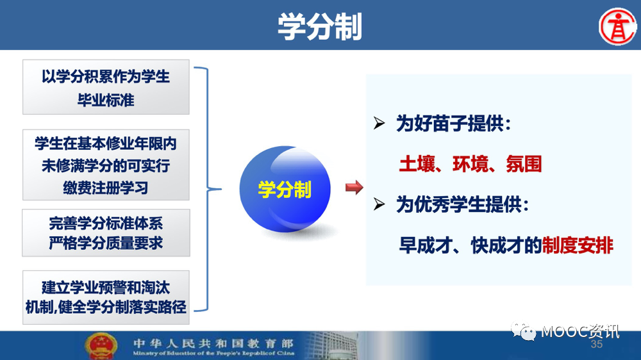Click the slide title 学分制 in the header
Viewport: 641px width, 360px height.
point(320,26)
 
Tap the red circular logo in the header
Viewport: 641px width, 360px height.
point(618,26)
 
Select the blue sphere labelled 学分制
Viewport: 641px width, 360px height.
point(285,189)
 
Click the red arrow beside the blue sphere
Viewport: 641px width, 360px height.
point(354,188)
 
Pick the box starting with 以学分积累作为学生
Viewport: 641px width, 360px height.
point(106,87)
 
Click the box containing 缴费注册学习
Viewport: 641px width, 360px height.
point(106,165)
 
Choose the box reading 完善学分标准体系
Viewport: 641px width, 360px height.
point(106,233)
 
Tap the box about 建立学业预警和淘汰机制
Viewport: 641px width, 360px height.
point(106,297)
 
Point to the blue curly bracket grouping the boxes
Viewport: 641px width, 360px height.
point(208,189)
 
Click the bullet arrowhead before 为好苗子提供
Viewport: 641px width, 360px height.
point(379,123)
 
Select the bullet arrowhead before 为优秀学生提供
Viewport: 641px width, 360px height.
point(379,204)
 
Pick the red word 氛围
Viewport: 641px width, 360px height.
point(524,164)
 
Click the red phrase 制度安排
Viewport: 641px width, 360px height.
point(578,245)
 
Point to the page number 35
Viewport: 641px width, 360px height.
point(596,344)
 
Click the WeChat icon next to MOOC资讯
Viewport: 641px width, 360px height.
point(524,331)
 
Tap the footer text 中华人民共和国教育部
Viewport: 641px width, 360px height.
point(213,343)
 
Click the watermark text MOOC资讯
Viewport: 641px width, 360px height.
point(580,331)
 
